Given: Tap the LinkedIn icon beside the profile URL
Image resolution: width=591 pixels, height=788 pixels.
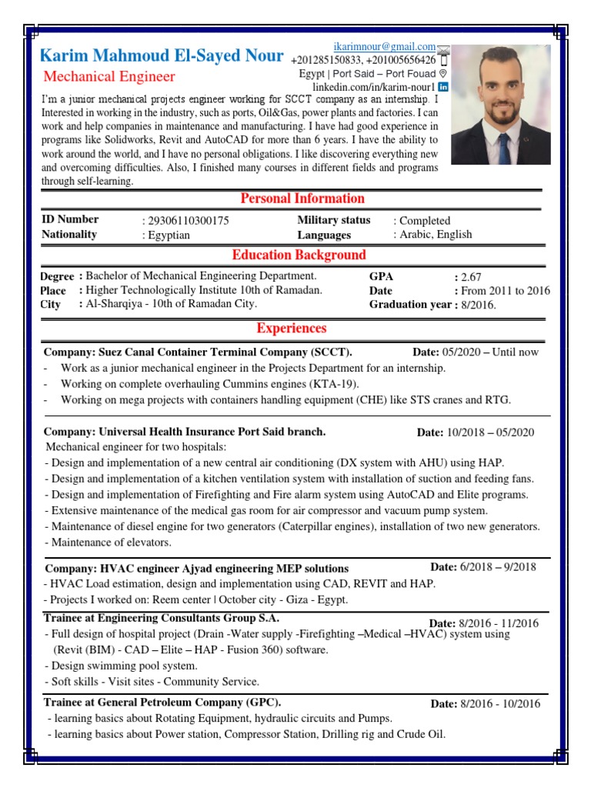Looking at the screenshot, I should click(443, 87).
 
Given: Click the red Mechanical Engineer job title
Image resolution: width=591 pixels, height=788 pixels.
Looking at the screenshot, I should click(109, 76).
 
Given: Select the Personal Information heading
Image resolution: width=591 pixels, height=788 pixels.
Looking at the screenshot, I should click(292, 199).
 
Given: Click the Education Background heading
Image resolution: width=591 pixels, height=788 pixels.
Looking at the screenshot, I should click(299, 255).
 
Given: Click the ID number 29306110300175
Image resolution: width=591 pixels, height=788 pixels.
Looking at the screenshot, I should click(189, 221).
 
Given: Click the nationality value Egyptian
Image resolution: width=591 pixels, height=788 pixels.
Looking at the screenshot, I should click(169, 235).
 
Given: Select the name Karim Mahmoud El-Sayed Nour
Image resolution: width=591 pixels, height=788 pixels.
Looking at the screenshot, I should click(161, 56).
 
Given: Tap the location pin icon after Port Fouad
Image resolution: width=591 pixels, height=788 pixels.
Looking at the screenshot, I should click(442, 74).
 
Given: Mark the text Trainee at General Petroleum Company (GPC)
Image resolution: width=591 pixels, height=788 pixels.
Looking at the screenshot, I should click(162, 702).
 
